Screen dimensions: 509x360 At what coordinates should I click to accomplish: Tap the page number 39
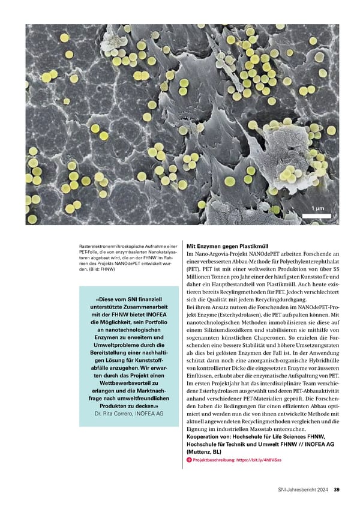click(337, 489)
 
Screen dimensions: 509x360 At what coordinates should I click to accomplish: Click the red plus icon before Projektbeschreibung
click(190, 459)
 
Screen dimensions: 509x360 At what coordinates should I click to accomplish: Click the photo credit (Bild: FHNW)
click(104, 269)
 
